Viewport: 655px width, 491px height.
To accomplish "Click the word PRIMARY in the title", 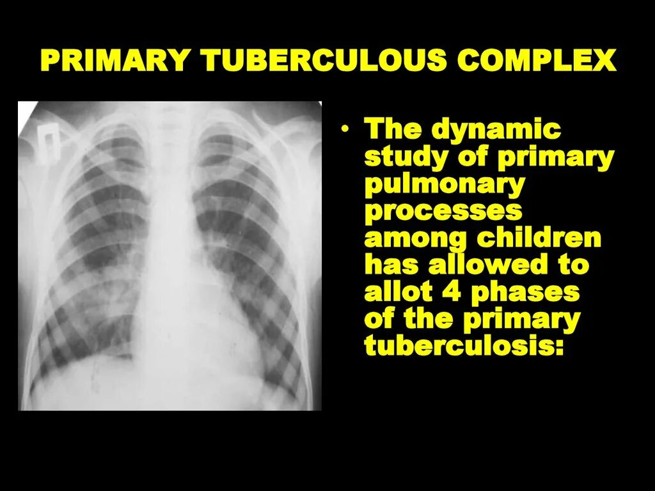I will click(x=113, y=61).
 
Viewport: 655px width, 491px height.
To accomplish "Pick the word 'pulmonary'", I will click(x=445, y=185).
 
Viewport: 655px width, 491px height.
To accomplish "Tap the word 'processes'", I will click(x=443, y=212).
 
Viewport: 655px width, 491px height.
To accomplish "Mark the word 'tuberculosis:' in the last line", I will click(x=464, y=347).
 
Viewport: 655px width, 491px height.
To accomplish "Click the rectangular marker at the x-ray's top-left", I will click(x=50, y=135).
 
